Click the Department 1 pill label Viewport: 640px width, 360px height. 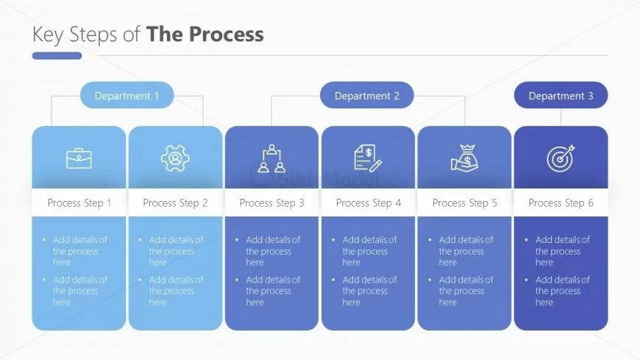127,96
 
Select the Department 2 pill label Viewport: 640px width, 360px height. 367,96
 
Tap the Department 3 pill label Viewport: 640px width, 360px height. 561,96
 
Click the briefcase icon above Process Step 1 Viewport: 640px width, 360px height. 79,158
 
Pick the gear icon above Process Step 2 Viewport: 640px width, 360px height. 175,158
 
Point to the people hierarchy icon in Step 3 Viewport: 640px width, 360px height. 272,158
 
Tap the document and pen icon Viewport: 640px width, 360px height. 368,158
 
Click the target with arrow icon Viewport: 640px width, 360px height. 561,158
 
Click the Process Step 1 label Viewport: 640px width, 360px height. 79,203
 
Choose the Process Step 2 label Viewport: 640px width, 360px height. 175,203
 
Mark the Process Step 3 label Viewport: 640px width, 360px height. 271,203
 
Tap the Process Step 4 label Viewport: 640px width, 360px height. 369,203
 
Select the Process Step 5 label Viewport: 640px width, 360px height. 465,203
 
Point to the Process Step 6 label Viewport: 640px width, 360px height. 561,203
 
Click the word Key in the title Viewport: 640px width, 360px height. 48,35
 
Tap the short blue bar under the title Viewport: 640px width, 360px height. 57,56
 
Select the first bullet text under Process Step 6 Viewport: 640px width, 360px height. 562,251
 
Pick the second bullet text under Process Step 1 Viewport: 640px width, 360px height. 79,291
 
